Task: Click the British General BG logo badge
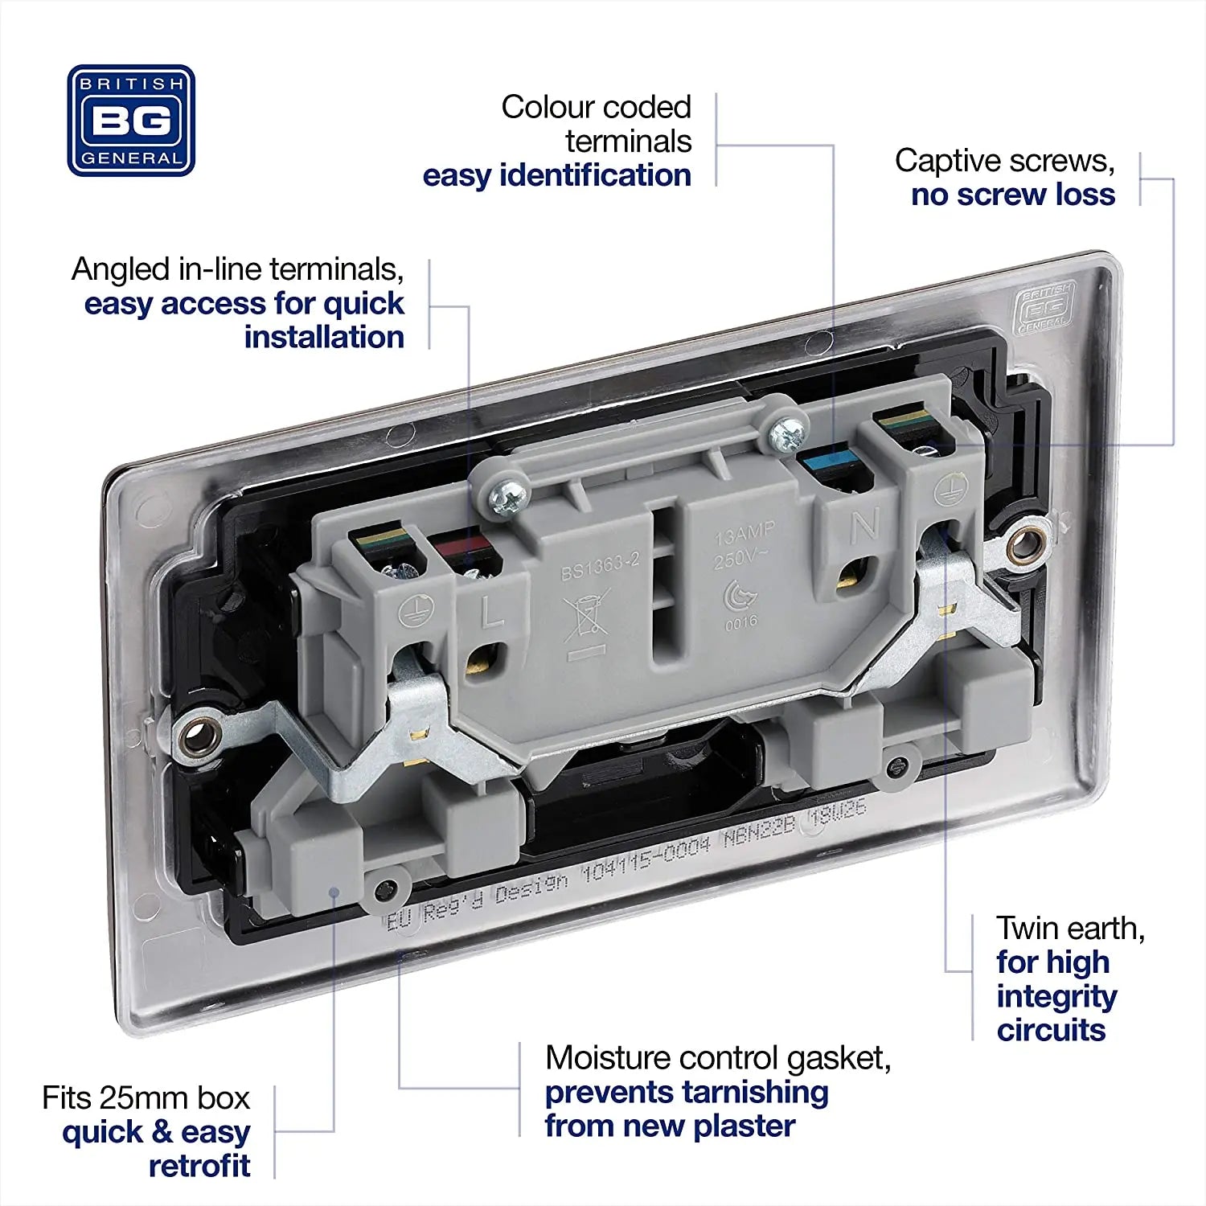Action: (x=131, y=121)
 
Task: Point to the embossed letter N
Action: (x=865, y=525)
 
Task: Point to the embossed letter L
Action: (x=491, y=613)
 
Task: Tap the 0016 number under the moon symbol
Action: (x=740, y=621)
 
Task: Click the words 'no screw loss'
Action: (x=1012, y=195)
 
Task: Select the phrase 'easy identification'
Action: (x=556, y=175)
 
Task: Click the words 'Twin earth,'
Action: (x=1070, y=929)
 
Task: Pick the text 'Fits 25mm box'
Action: (x=146, y=1097)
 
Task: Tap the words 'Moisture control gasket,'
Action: (x=717, y=1058)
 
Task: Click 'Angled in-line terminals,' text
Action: (x=237, y=269)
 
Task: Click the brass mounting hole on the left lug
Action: (x=196, y=733)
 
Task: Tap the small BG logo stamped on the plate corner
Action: (x=1044, y=308)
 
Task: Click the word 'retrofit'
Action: (x=199, y=1166)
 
